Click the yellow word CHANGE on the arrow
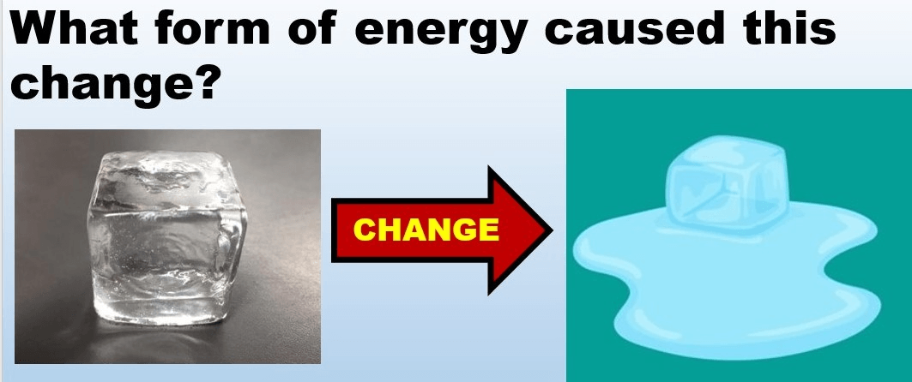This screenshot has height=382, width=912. coord(426,230)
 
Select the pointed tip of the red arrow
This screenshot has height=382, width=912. coord(551,230)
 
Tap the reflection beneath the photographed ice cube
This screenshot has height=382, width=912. coord(169,340)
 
